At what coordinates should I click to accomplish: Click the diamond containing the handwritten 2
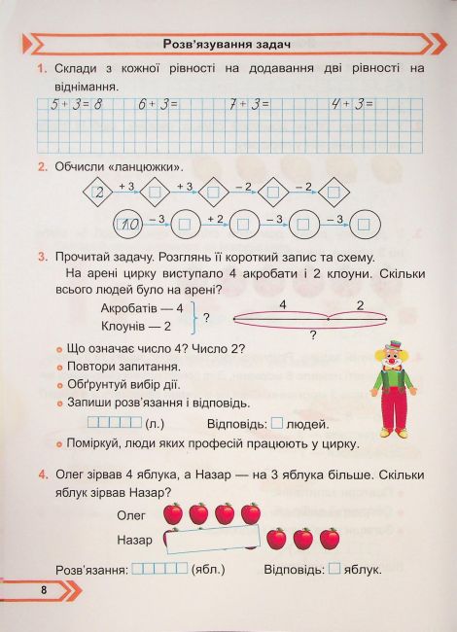pos(98,193)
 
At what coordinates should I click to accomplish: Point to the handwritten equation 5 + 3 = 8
pos(69,103)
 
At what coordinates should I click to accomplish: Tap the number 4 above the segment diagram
pos(282,303)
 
